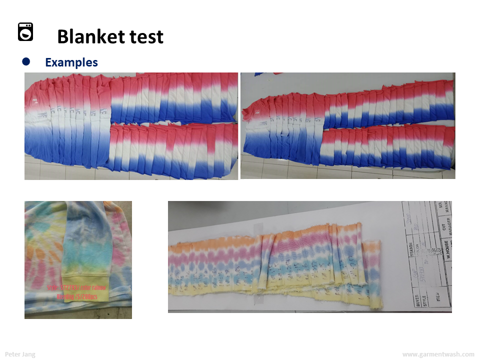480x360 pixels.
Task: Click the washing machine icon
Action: pos(25,32)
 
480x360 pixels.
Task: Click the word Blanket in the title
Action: pos(88,36)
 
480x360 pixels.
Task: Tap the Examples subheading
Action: pos(71,62)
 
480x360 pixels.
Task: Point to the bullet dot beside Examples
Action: pos(26,62)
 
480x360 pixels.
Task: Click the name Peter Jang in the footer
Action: pos(20,354)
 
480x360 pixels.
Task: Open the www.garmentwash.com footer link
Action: pos(438,354)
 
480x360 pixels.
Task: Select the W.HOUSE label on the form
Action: pos(448,250)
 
